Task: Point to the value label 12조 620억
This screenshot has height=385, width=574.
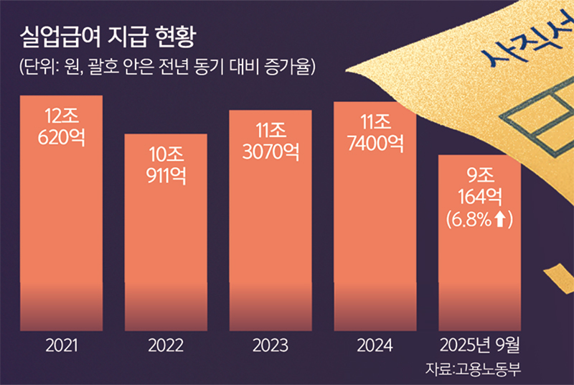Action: pos(62,125)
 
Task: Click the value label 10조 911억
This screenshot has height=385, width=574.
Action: pos(166,166)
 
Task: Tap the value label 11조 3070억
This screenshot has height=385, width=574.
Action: pos(270,140)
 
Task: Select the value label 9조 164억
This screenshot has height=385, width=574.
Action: pos(479,183)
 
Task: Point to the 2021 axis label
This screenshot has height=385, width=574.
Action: pos(62,346)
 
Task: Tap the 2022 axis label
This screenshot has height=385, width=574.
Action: pos(166,346)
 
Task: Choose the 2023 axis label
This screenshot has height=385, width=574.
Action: pos(270,346)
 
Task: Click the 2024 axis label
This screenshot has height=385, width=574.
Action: pos(374,346)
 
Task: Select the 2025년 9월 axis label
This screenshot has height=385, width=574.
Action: pos(479,346)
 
